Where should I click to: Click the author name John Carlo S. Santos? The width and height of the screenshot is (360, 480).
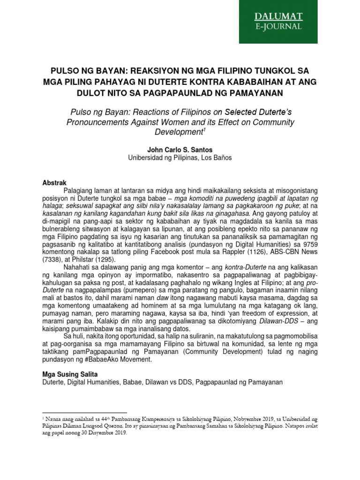tap(180, 150)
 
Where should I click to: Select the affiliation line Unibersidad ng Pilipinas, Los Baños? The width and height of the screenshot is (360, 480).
tap(180, 158)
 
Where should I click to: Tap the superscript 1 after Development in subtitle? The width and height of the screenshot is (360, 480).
tap(204, 130)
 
